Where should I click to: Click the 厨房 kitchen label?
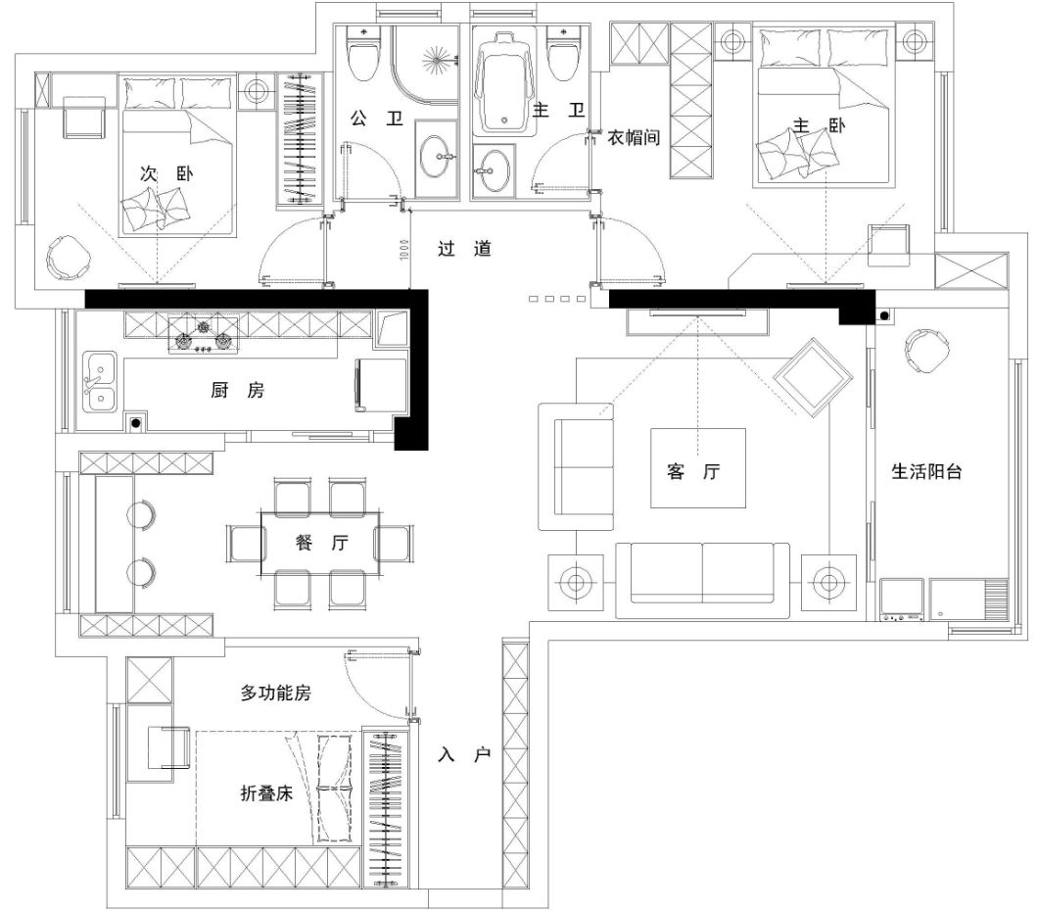pos(238,390)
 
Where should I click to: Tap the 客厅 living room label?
pos(693,471)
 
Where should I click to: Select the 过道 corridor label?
pos(464,249)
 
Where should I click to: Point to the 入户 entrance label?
pos(464,754)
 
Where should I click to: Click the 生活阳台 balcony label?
pos(926,471)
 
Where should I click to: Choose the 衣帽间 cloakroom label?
pos(634,138)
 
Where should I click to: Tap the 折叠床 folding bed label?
pos(266,793)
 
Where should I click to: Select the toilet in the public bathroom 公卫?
pos(362,53)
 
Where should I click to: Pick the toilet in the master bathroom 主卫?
pos(563,53)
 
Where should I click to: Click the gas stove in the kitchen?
pos(204,335)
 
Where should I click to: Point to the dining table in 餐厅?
pos(320,544)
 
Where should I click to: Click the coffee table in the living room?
pos(698,468)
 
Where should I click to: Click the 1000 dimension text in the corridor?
pos(403,249)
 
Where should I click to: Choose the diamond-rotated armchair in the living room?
pos(813,377)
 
